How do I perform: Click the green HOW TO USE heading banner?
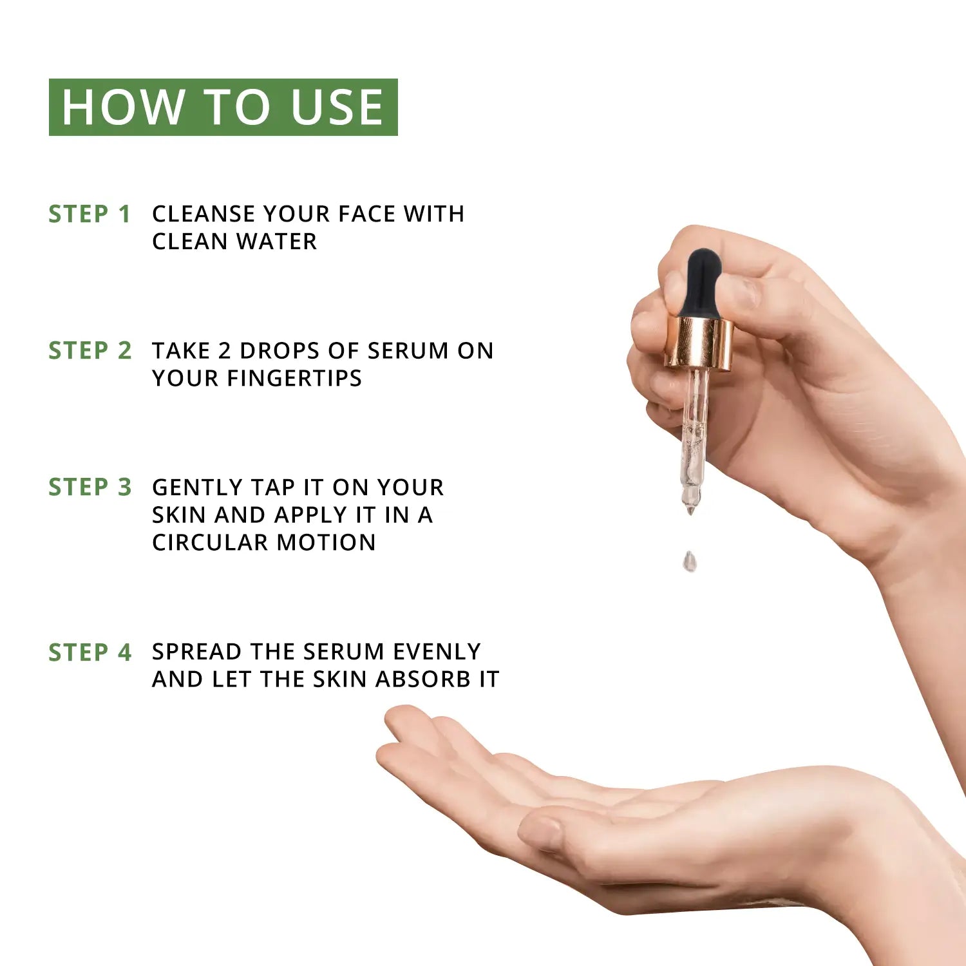(x=223, y=107)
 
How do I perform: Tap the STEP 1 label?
(x=90, y=214)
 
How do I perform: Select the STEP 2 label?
(x=90, y=351)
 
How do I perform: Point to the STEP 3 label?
(x=90, y=488)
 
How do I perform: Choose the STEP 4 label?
(x=90, y=653)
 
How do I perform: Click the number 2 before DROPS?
(x=224, y=351)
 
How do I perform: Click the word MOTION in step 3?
(x=326, y=542)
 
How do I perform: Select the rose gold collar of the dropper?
(x=699, y=343)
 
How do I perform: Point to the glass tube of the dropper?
(x=694, y=438)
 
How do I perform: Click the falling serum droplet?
(x=690, y=561)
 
